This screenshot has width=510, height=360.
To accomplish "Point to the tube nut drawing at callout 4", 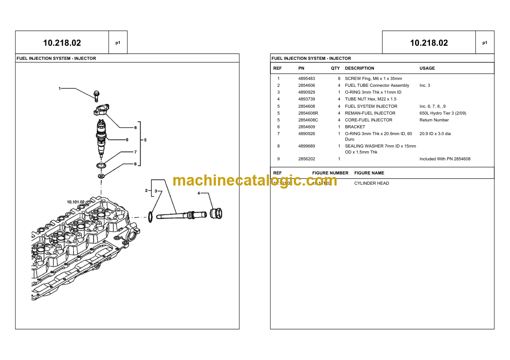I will (x=216, y=213).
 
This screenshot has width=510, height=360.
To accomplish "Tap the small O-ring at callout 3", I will (x=151, y=216).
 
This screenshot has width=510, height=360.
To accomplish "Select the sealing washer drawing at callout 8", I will (x=101, y=176).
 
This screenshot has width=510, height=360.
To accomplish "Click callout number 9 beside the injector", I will (x=127, y=139).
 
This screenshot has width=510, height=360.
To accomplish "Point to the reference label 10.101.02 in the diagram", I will (x=76, y=201).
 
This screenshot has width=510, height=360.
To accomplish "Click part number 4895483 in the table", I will (x=306, y=79).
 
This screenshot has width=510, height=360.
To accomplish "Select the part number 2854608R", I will (x=308, y=113).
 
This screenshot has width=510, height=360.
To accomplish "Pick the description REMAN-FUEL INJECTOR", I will (x=370, y=113).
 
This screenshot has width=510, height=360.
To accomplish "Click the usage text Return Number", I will (x=434, y=120).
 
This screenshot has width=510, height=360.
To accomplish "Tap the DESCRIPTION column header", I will (x=359, y=68).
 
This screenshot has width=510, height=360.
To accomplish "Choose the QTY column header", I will (x=335, y=68).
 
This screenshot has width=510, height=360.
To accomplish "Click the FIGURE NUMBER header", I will (x=330, y=173).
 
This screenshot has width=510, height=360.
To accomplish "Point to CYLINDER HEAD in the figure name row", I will (x=371, y=183).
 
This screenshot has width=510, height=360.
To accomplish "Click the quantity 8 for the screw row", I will (x=339, y=79).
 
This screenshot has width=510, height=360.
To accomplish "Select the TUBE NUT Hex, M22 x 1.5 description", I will (x=371, y=99).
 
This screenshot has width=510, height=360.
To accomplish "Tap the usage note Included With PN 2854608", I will (x=445, y=159).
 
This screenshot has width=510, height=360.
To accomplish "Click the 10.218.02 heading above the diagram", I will (x=62, y=43).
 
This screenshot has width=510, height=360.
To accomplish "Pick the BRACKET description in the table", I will (x=355, y=127).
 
